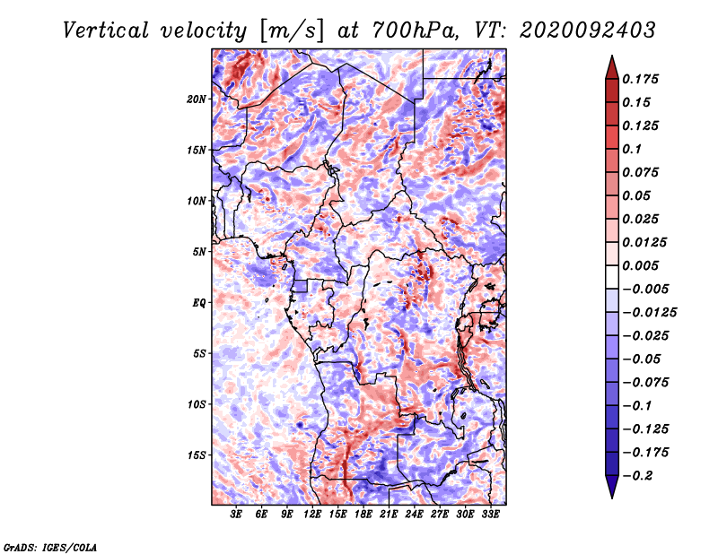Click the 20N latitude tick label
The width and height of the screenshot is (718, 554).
197,99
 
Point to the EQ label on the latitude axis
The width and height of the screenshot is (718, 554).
199,302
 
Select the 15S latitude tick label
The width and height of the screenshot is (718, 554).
197,454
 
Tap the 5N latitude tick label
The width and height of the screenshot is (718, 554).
199,252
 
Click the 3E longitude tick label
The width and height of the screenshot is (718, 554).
236,515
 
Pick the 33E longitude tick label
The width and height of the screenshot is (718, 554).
490,515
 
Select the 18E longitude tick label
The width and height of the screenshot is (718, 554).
363,515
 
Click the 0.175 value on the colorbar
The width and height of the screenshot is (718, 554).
643,79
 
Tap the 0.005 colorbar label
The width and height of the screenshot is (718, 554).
643,265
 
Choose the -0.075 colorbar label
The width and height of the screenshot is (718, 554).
645,382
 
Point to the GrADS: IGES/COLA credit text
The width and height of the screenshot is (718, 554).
49,545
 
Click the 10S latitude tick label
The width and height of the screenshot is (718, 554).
197,404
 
